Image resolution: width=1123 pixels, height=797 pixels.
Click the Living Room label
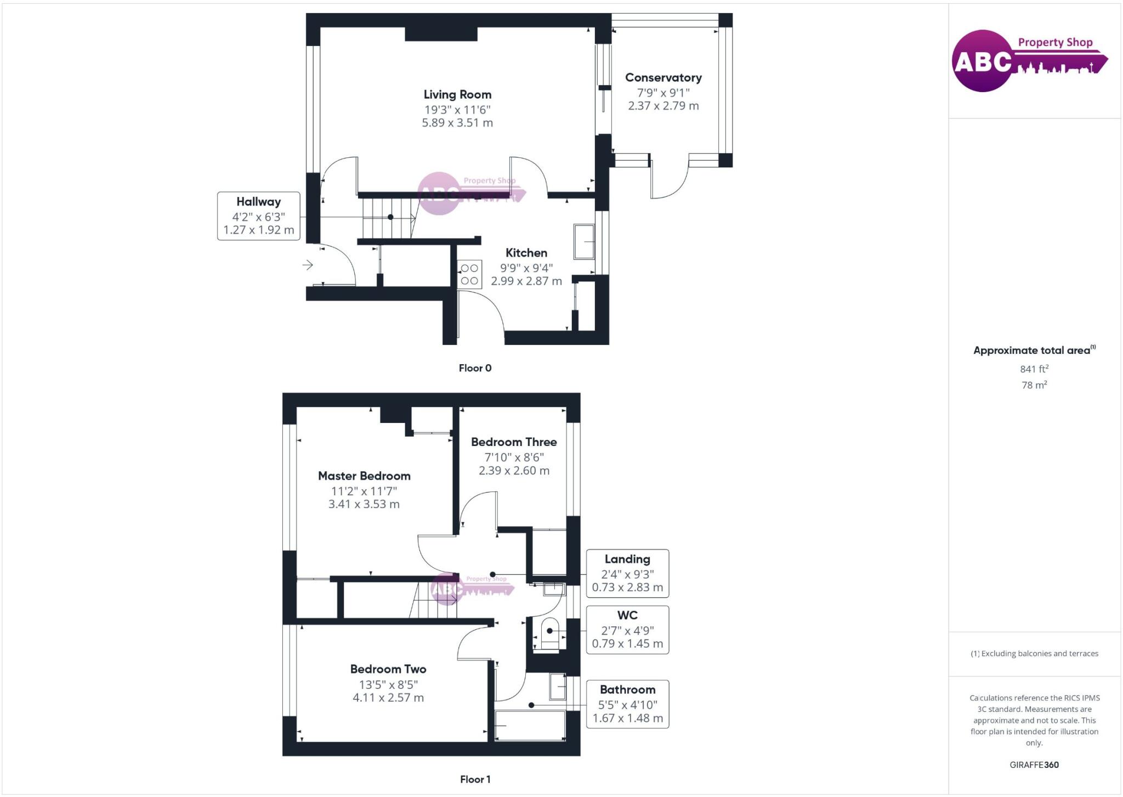coord(457,95)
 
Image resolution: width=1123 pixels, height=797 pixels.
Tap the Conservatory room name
coord(663,78)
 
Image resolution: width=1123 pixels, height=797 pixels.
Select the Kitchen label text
coord(526,253)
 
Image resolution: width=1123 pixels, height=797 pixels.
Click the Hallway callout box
coord(258,216)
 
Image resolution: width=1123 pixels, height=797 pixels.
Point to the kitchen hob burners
coord(469,274)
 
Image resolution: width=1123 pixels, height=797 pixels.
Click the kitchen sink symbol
coord(584,241)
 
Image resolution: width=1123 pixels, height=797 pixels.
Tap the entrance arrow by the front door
coord(308,265)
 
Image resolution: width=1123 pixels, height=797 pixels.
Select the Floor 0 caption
coord(475,368)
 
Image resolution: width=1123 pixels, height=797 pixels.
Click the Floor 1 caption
coord(475,779)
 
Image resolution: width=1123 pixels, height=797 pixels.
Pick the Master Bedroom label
coord(364,476)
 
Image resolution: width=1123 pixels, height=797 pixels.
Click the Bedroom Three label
coord(514,442)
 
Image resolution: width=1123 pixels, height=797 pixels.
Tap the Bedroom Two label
coord(388,669)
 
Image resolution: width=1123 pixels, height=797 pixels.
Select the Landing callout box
coord(627,573)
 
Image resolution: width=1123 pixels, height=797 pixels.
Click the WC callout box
coord(627,630)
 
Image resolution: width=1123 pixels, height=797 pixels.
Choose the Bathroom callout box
coord(627,704)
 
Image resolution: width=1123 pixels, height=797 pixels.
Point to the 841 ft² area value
coord(1034,369)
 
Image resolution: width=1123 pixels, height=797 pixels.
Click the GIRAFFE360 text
coord(1034,765)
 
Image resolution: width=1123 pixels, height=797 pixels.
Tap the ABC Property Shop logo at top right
coord(1029,60)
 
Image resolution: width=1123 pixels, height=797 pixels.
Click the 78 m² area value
coord(1034,385)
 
